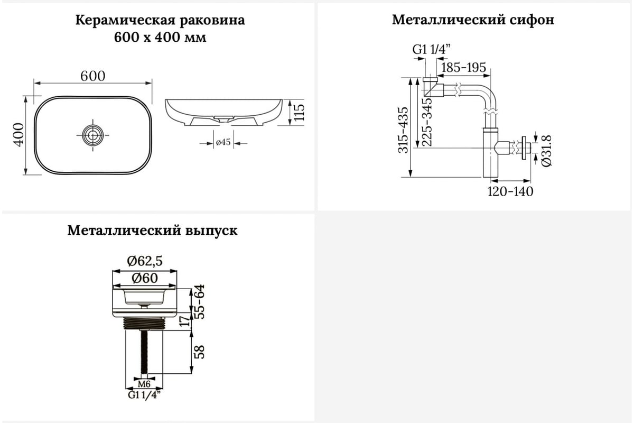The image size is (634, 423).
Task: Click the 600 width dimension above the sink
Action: pos(93,76)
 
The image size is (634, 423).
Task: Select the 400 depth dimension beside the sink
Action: pos(19,135)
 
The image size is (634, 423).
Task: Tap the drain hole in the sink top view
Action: pos(92,135)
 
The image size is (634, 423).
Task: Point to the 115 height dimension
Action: pos(300,113)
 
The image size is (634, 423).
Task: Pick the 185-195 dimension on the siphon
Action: pos(464,68)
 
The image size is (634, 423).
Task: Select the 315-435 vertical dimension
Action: pos(403,130)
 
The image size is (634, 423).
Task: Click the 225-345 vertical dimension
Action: pos(427,122)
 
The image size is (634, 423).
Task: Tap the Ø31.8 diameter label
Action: pos(546,151)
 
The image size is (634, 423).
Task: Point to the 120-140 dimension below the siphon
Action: pos(510,191)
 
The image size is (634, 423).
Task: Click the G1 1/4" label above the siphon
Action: pos(431,50)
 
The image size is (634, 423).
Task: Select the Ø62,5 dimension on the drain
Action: pos(145,261)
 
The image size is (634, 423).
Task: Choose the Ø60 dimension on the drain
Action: pos(145,278)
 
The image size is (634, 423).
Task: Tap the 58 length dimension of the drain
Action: pos(200,352)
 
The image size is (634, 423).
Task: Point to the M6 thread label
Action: pos(144,384)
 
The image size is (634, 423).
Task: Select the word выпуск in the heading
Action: pos(211,231)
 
